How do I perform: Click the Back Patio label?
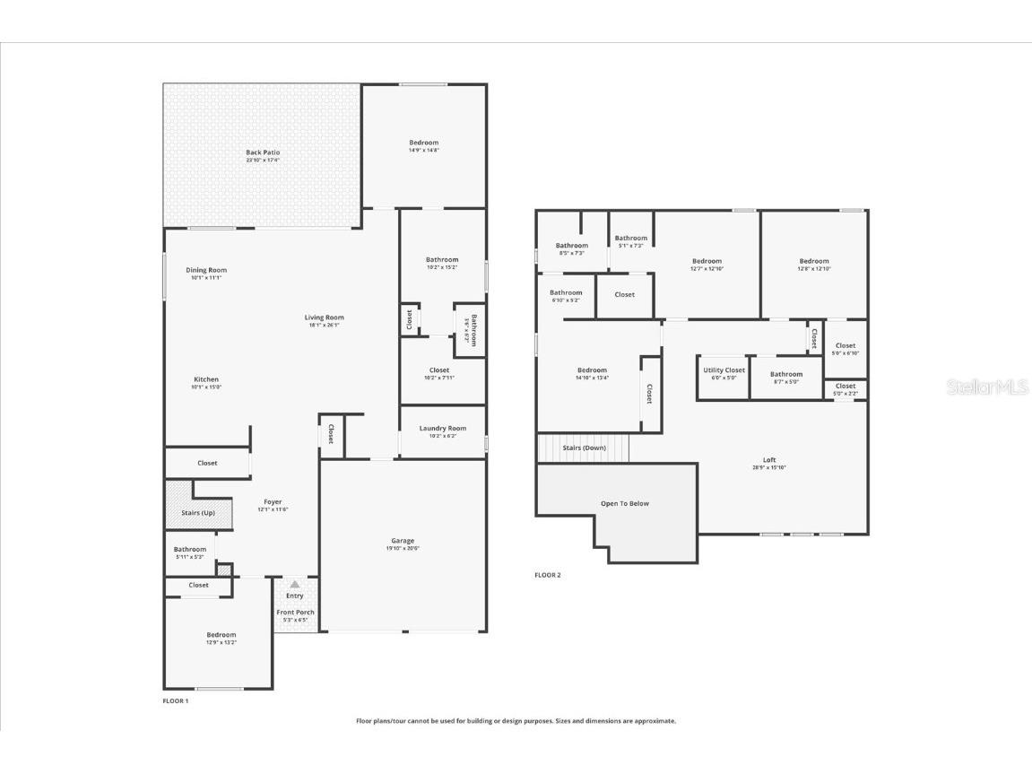click(x=263, y=152)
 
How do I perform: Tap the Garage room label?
click(x=403, y=541)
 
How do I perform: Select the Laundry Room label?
click(x=442, y=429)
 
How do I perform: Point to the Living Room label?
click(x=324, y=317)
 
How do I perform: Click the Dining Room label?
click(x=206, y=270)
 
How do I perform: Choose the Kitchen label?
click(x=206, y=379)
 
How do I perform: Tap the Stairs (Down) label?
click(x=583, y=448)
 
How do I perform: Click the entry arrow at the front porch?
click(x=294, y=584)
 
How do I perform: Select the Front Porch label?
click(x=294, y=613)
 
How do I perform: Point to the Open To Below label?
click(x=624, y=503)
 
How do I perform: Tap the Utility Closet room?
click(x=724, y=373)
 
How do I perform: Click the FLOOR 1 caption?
click(x=175, y=700)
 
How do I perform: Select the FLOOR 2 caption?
click(x=547, y=575)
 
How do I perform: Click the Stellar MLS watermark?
click(x=987, y=387)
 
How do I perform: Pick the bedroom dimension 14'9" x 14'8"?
click(x=423, y=150)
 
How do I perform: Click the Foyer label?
click(x=273, y=502)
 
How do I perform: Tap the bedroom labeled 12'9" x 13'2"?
click(x=221, y=638)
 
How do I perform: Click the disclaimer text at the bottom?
click(x=516, y=720)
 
